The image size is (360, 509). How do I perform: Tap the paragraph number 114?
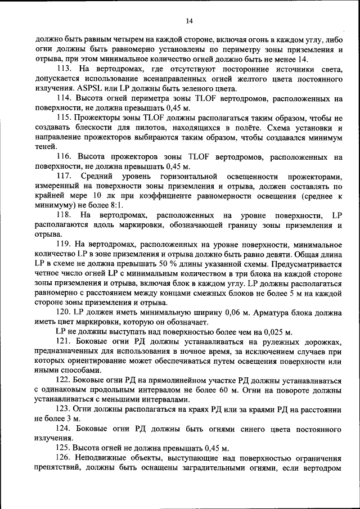click(64, 98)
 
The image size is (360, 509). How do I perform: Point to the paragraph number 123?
click(64, 409)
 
